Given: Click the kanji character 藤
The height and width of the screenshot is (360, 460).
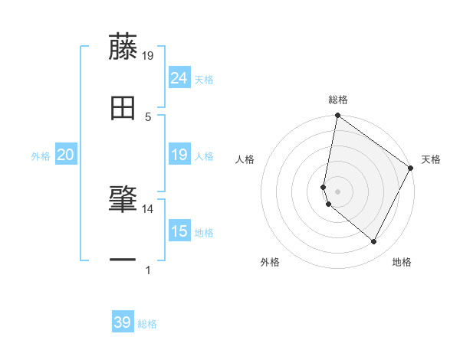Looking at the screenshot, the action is click(x=123, y=47).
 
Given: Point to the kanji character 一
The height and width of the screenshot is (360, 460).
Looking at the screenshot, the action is click(x=123, y=261).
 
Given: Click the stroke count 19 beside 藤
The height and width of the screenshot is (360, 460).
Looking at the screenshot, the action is click(x=148, y=55).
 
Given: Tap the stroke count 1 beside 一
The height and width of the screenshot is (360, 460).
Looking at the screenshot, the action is click(x=148, y=270).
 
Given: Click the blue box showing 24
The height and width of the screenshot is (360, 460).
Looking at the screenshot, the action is click(x=179, y=78).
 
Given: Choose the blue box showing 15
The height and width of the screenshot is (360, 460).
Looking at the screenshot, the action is click(x=179, y=231).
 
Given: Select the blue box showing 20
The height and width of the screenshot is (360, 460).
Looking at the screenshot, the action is click(x=66, y=155).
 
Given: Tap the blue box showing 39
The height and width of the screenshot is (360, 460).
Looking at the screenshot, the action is click(x=123, y=322).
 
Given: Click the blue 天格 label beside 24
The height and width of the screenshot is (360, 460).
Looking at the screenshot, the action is click(x=204, y=80).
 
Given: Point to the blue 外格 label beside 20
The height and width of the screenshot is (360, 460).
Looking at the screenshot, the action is click(x=41, y=156).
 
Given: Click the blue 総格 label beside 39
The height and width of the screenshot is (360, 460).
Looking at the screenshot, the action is click(x=147, y=324).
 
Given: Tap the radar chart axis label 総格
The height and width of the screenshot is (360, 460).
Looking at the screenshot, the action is click(x=338, y=100).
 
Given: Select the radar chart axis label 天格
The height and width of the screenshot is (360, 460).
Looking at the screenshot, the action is click(x=431, y=159).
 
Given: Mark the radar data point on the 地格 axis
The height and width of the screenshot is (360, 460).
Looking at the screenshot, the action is click(x=374, y=241).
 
